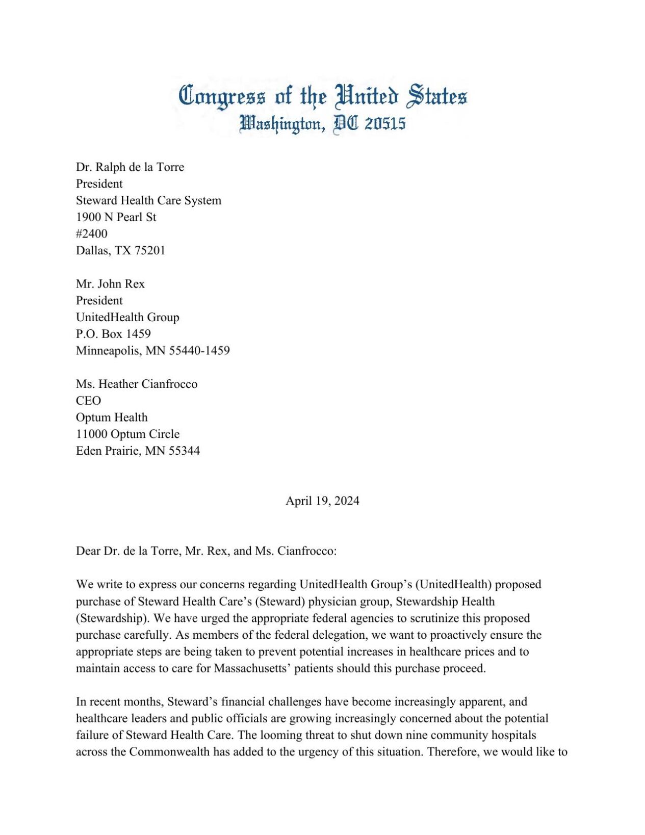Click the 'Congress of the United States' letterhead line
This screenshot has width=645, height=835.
pyautogui.click(x=322, y=96)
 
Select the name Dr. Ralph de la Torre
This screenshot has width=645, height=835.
pyautogui.click(x=130, y=167)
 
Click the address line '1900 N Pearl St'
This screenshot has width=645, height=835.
pyautogui.click(x=116, y=217)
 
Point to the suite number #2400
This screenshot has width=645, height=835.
pyautogui.click(x=92, y=234)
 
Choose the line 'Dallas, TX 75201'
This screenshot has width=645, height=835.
pyautogui.click(x=120, y=251)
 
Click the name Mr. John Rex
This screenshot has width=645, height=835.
pyautogui.click(x=110, y=284)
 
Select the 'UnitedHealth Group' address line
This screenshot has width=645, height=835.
pyautogui.click(x=127, y=317)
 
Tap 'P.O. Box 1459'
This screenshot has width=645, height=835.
pyautogui.click(x=113, y=334)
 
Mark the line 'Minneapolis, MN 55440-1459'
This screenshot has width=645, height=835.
pyautogui.click(x=152, y=351)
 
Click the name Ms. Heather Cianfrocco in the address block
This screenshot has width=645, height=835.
pyautogui.click(x=137, y=384)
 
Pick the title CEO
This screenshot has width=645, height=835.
pyautogui.click(x=88, y=401)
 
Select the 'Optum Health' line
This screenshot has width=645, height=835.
pyautogui.click(x=112, y=417)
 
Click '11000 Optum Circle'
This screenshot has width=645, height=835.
pyautogui.click(x=127, y=434)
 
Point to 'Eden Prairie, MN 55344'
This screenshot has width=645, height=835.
pyautogui.click(x=138, y=451)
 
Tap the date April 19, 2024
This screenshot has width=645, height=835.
pyautogui.click(x=322, y=501)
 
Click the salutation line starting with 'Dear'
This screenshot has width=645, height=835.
pyautogui.click(x=206, y=551)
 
